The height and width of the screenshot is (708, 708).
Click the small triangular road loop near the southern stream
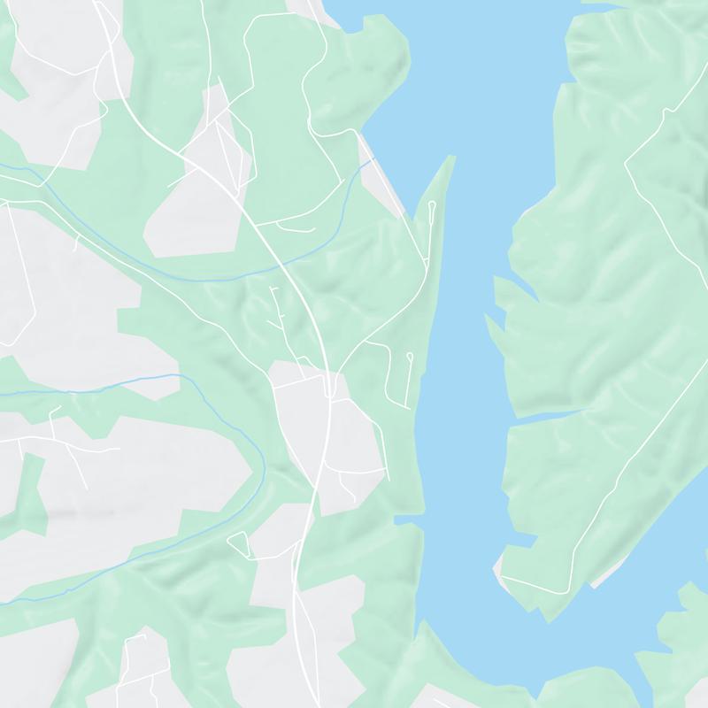pyautogui.click(x=240, y=543)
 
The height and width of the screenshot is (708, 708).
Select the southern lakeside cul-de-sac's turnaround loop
pyautogui.click(x=410, y=356)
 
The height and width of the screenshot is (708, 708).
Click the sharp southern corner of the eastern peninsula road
pyautogui.click(x=503, y=577)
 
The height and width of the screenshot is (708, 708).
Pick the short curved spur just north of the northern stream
pyautogui.click(x=296, y=227)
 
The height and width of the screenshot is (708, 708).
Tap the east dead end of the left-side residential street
pyautogui.click(x=119, y=450)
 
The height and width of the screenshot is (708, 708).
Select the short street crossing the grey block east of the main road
pyautogui.click(x=363, y=469)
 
